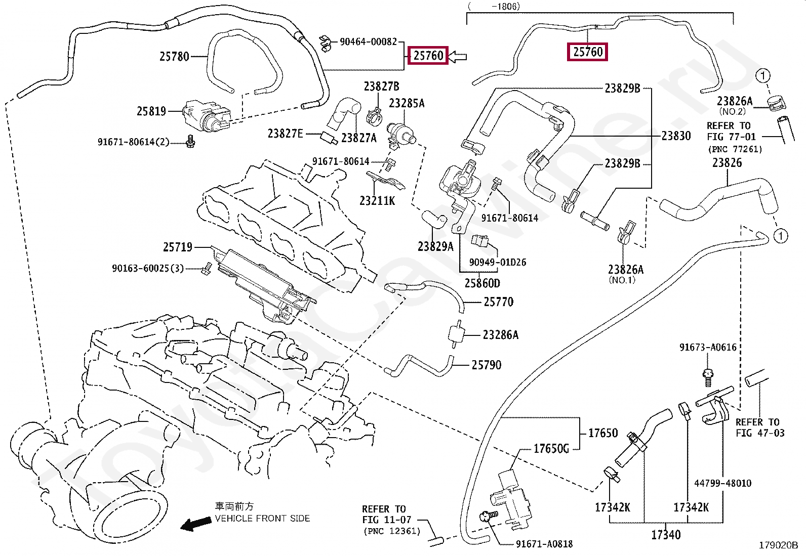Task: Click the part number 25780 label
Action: [x=174, y=56]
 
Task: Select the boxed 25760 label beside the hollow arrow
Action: [x=428, y=55]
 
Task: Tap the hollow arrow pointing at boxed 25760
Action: [x=458, y=56]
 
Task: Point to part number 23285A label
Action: [x=407, y=103]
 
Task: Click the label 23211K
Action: [x=377, y=201]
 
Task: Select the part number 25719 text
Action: [x=178, y=247]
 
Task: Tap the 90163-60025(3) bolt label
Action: [x=148, y=268]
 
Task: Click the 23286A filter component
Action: [x=457, y=334]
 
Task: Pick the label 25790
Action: [x=487, y=365]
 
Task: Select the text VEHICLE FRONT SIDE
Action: [x=262, y=518]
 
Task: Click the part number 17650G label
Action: [x=551, y=448]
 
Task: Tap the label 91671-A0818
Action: [x=544, y=544]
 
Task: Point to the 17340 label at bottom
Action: [x=665, y=535]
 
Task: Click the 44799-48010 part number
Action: [x=722, y=483]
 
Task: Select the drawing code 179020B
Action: [x=778, y=545]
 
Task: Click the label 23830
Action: [x=676, y=136]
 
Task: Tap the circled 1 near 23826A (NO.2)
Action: [x=762, y=76]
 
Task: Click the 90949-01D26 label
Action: [x=497, y=262]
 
